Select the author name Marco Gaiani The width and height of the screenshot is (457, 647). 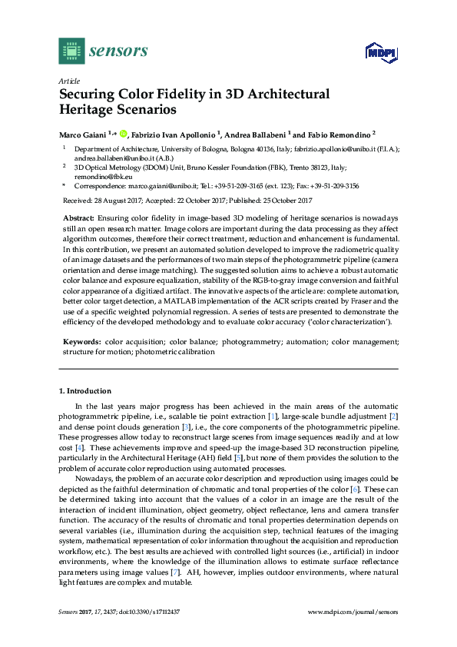(83, 134)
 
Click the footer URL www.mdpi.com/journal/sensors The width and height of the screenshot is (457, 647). (352, 612)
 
